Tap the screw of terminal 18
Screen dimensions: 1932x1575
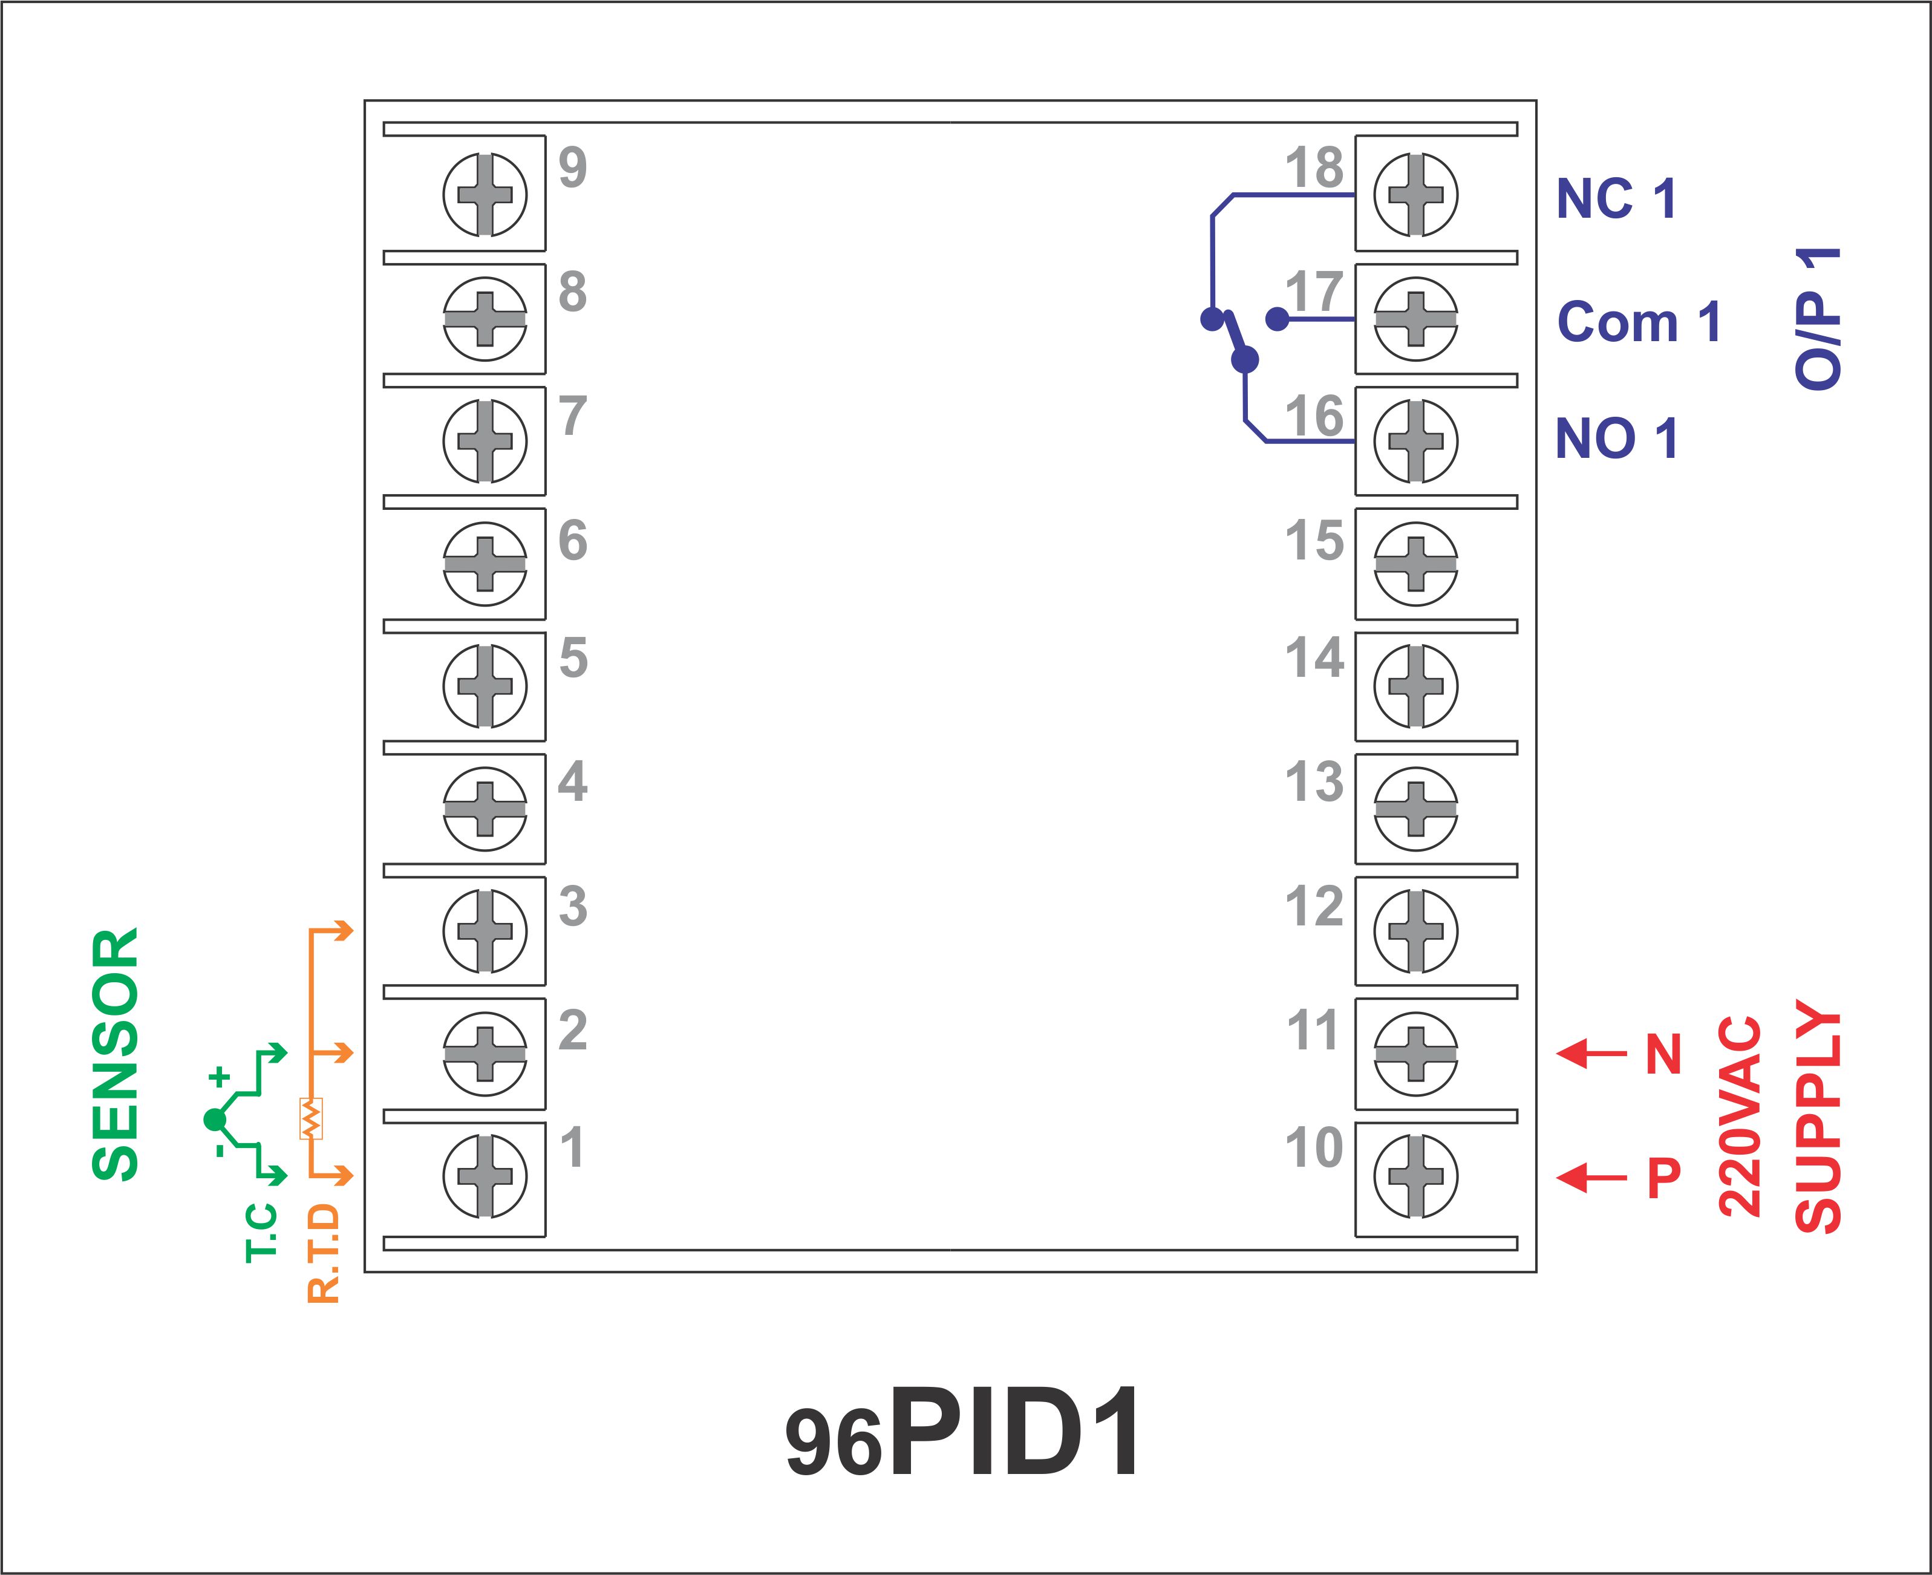[x=1415, y=194]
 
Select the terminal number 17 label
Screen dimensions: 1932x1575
[x=1314, y=292]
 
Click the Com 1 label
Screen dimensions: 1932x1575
[x=1639, y=322]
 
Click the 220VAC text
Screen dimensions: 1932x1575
[x=1740, y=1115]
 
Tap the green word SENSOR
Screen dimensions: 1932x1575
[x=116, y=1054]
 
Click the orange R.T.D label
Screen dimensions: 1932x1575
[x=324, y=1254]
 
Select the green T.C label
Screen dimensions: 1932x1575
[x=261, y=1232]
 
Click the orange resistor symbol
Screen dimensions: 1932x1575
[x=310, y=1119]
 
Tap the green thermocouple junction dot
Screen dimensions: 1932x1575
[x=215, y=1120]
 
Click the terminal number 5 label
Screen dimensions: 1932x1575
[x=573, y=658]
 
